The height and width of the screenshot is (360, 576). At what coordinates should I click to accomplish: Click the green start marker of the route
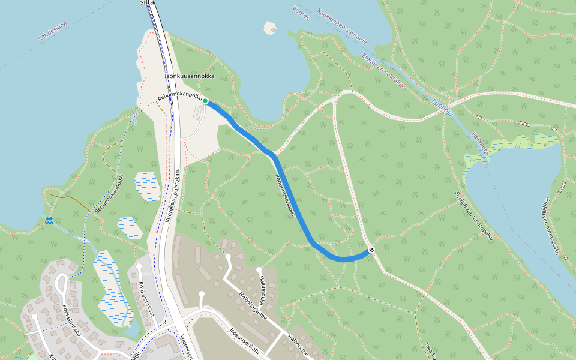[205, 101]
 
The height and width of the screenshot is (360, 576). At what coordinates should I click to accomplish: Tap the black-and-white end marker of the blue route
[371, 250]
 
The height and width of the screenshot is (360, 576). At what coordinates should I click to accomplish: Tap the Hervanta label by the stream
[479, 145]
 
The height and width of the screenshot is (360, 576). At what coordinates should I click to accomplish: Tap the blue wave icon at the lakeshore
[49, 220]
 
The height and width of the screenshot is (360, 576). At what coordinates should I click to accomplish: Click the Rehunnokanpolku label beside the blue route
[286, 196]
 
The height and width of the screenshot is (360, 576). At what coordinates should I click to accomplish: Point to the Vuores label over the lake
[301, 13]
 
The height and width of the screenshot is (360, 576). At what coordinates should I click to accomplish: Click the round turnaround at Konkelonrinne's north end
[139, 265]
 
